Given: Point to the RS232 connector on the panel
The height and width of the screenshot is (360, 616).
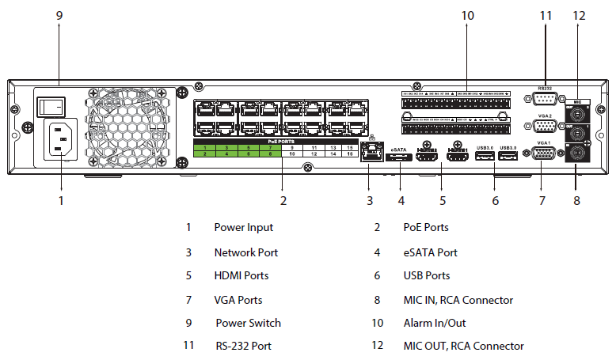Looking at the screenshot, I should pos(545,98).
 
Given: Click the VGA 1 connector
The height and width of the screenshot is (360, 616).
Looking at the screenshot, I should pos(545,153).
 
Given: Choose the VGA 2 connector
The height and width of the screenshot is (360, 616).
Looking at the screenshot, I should pos(545,127).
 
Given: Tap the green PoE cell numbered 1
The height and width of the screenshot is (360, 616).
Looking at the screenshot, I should pos(204,148).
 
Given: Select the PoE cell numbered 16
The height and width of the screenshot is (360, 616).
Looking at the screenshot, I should pos(350,155).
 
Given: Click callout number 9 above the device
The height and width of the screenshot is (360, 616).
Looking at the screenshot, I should pos(59,15).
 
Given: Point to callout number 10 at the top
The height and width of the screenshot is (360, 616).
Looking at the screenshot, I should pos(467,15).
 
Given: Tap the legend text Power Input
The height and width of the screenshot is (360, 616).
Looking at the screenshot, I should pos(243,228).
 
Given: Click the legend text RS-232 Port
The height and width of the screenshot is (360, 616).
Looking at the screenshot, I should pos(243,347).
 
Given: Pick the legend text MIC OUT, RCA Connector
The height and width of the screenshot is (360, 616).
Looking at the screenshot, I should pos(463,347).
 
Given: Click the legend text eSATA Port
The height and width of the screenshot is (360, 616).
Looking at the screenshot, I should pos(430,252).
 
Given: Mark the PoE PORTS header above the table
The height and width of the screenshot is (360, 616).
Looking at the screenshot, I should pos(280,141).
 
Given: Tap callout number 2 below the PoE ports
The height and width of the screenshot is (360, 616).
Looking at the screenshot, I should pos(283,200).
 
